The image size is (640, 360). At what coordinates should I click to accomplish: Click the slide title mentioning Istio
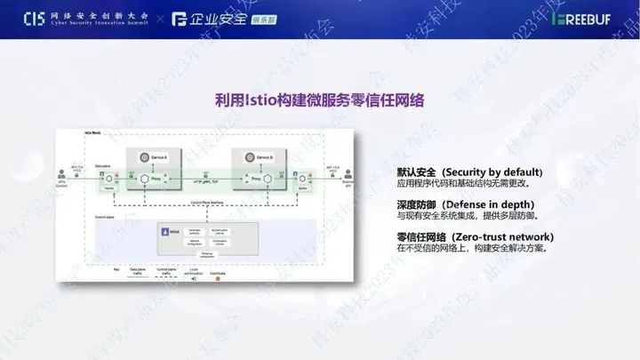pyautogui.click(x=319, y=100)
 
